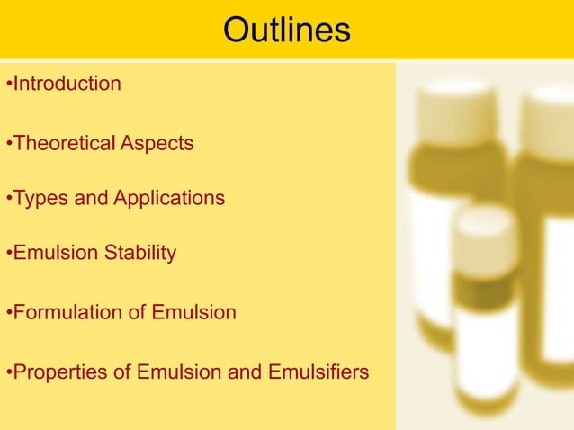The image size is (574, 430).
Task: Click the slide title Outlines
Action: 286,31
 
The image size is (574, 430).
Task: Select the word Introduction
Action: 67,85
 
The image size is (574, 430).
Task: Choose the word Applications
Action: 169,199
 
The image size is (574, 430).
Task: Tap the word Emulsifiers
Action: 319,372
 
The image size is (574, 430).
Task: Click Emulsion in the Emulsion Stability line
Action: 52,255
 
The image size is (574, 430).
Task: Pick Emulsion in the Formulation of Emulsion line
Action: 198,313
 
